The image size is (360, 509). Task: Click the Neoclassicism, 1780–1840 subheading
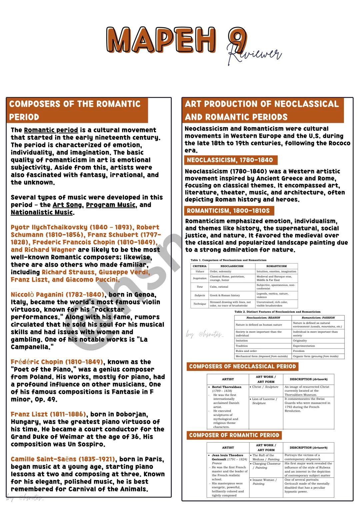pyautogui.click(x=230, y=160)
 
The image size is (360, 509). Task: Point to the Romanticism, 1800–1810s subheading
pyautogui.click(x=228, y=211)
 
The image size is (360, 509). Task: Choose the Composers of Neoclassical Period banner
pyautogui.click(x=242, y=366)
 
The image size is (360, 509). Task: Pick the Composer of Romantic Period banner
pyautogui.click(x=234, y=435)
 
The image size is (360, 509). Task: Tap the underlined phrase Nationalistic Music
pyautogui.click(x=42, y=212)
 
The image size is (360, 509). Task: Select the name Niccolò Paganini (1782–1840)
pyautogui.click(x=57, y=295)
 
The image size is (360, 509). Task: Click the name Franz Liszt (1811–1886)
pyautogui.click(x=48, y=414)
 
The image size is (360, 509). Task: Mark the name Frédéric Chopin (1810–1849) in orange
pyautogui.click(x=57, y=362)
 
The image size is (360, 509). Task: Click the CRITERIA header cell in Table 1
pyautogui.click(x=200, y=266)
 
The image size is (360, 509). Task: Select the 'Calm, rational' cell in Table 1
pyautogui.click(x=219, y=287)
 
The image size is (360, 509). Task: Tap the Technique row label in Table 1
pyautogui.click(x=200, y=304)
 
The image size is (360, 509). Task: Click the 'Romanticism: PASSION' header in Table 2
pyautogui.click(x=318, y=318)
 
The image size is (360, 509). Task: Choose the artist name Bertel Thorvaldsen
pyautogui.click(x=227, y=387)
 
